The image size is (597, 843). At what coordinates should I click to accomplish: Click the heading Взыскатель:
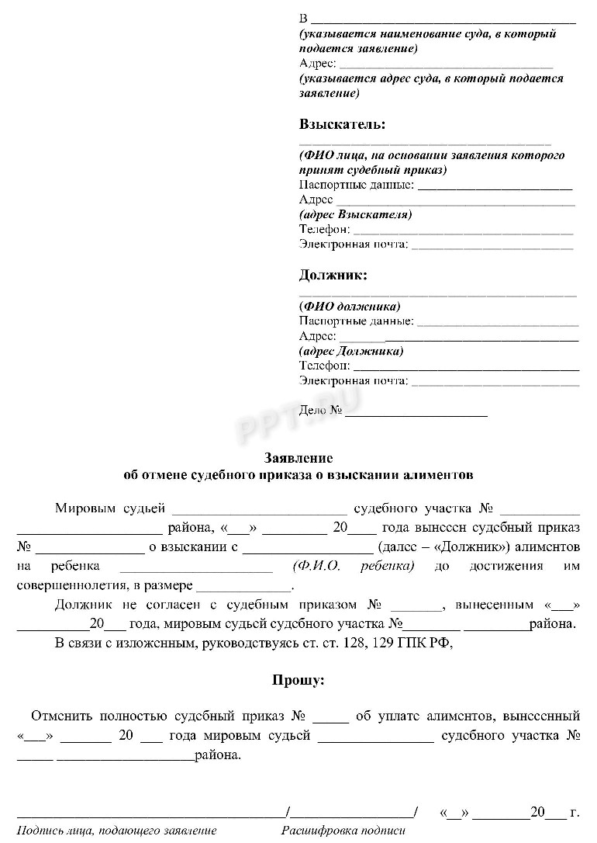(342, 124)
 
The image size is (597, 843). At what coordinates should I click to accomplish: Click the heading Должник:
(333, 275)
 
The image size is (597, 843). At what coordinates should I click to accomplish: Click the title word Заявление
(298, 457)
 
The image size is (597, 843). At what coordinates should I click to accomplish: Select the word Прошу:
(298, 680)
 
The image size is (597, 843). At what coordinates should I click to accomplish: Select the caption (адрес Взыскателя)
(355, 214)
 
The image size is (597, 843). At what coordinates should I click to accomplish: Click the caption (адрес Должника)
(351, 351)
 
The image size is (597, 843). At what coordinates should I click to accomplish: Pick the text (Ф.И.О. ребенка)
(354, 566)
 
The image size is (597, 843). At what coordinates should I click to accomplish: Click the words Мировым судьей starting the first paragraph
(110, 509)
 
